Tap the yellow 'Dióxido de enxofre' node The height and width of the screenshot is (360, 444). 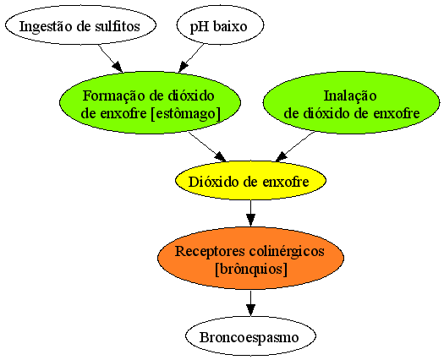250,180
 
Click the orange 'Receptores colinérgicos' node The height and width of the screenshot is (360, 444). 250,258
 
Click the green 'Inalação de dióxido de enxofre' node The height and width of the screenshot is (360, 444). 352,102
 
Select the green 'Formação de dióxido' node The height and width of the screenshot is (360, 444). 150,102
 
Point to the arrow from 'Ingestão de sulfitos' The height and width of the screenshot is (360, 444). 111,58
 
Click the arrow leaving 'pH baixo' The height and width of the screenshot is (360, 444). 191,58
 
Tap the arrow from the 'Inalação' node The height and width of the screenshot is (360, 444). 295,146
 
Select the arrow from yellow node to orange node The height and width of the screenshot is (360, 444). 250,214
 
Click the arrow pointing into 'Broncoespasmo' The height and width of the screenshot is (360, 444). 250,303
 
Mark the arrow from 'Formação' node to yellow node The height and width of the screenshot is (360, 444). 207,146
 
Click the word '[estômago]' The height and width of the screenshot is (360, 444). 185,114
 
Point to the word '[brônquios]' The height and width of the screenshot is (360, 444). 251,269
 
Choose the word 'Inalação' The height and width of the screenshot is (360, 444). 350,96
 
